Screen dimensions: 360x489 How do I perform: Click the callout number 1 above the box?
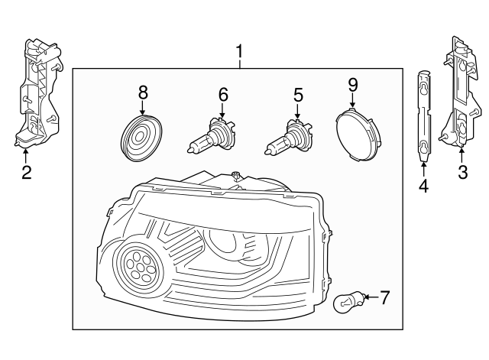[x=239, y=52]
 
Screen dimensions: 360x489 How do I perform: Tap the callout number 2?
[x=26, y=173]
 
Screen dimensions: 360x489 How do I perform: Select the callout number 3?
[x=461, y=173]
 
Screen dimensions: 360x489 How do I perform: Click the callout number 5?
[x=298, y=95]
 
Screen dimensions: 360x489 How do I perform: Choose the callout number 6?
[x=223, y=95]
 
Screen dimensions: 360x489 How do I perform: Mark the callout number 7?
[x=384, y=297]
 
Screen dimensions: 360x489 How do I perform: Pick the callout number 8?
[x=142, y=92]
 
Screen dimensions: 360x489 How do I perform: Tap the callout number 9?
[x=352, y=83]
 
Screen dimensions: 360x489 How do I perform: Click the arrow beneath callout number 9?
[x=352, y=100]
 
